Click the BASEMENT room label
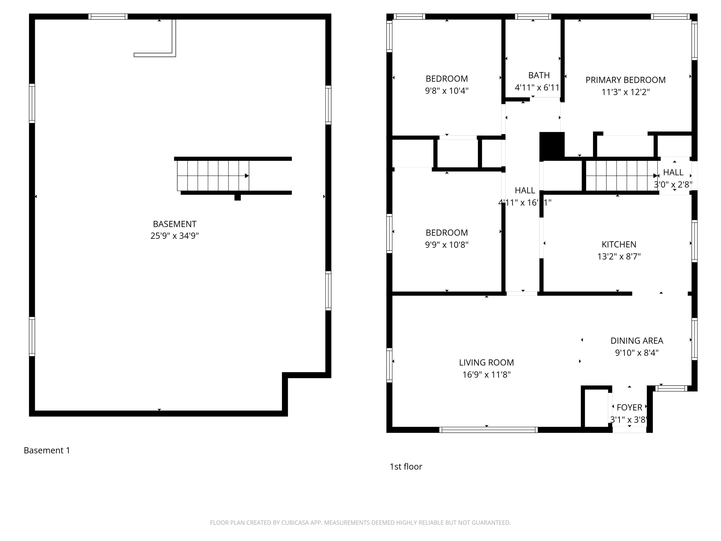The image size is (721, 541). pos(174,224)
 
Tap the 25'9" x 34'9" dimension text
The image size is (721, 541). pos(174,236)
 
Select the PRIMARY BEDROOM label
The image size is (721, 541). pos(625,80)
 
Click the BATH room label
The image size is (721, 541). pos(539,75)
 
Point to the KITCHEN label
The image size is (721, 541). pos(619,244)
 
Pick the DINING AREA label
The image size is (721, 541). pos(637,341)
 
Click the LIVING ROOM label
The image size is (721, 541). pos(486,363)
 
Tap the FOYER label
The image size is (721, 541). pos(629,408)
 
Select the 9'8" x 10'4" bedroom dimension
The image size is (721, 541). pos(447,91)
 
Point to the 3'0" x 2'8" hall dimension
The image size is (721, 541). pos(673,185)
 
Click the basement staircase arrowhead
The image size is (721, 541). pos(247,176)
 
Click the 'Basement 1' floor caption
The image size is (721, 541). pos(47,450)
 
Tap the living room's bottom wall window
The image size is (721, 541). pos(488,430)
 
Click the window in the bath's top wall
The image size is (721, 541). pos(533,17)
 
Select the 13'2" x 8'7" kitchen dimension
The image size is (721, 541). pos(619,257)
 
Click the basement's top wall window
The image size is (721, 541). pos(108,17)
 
